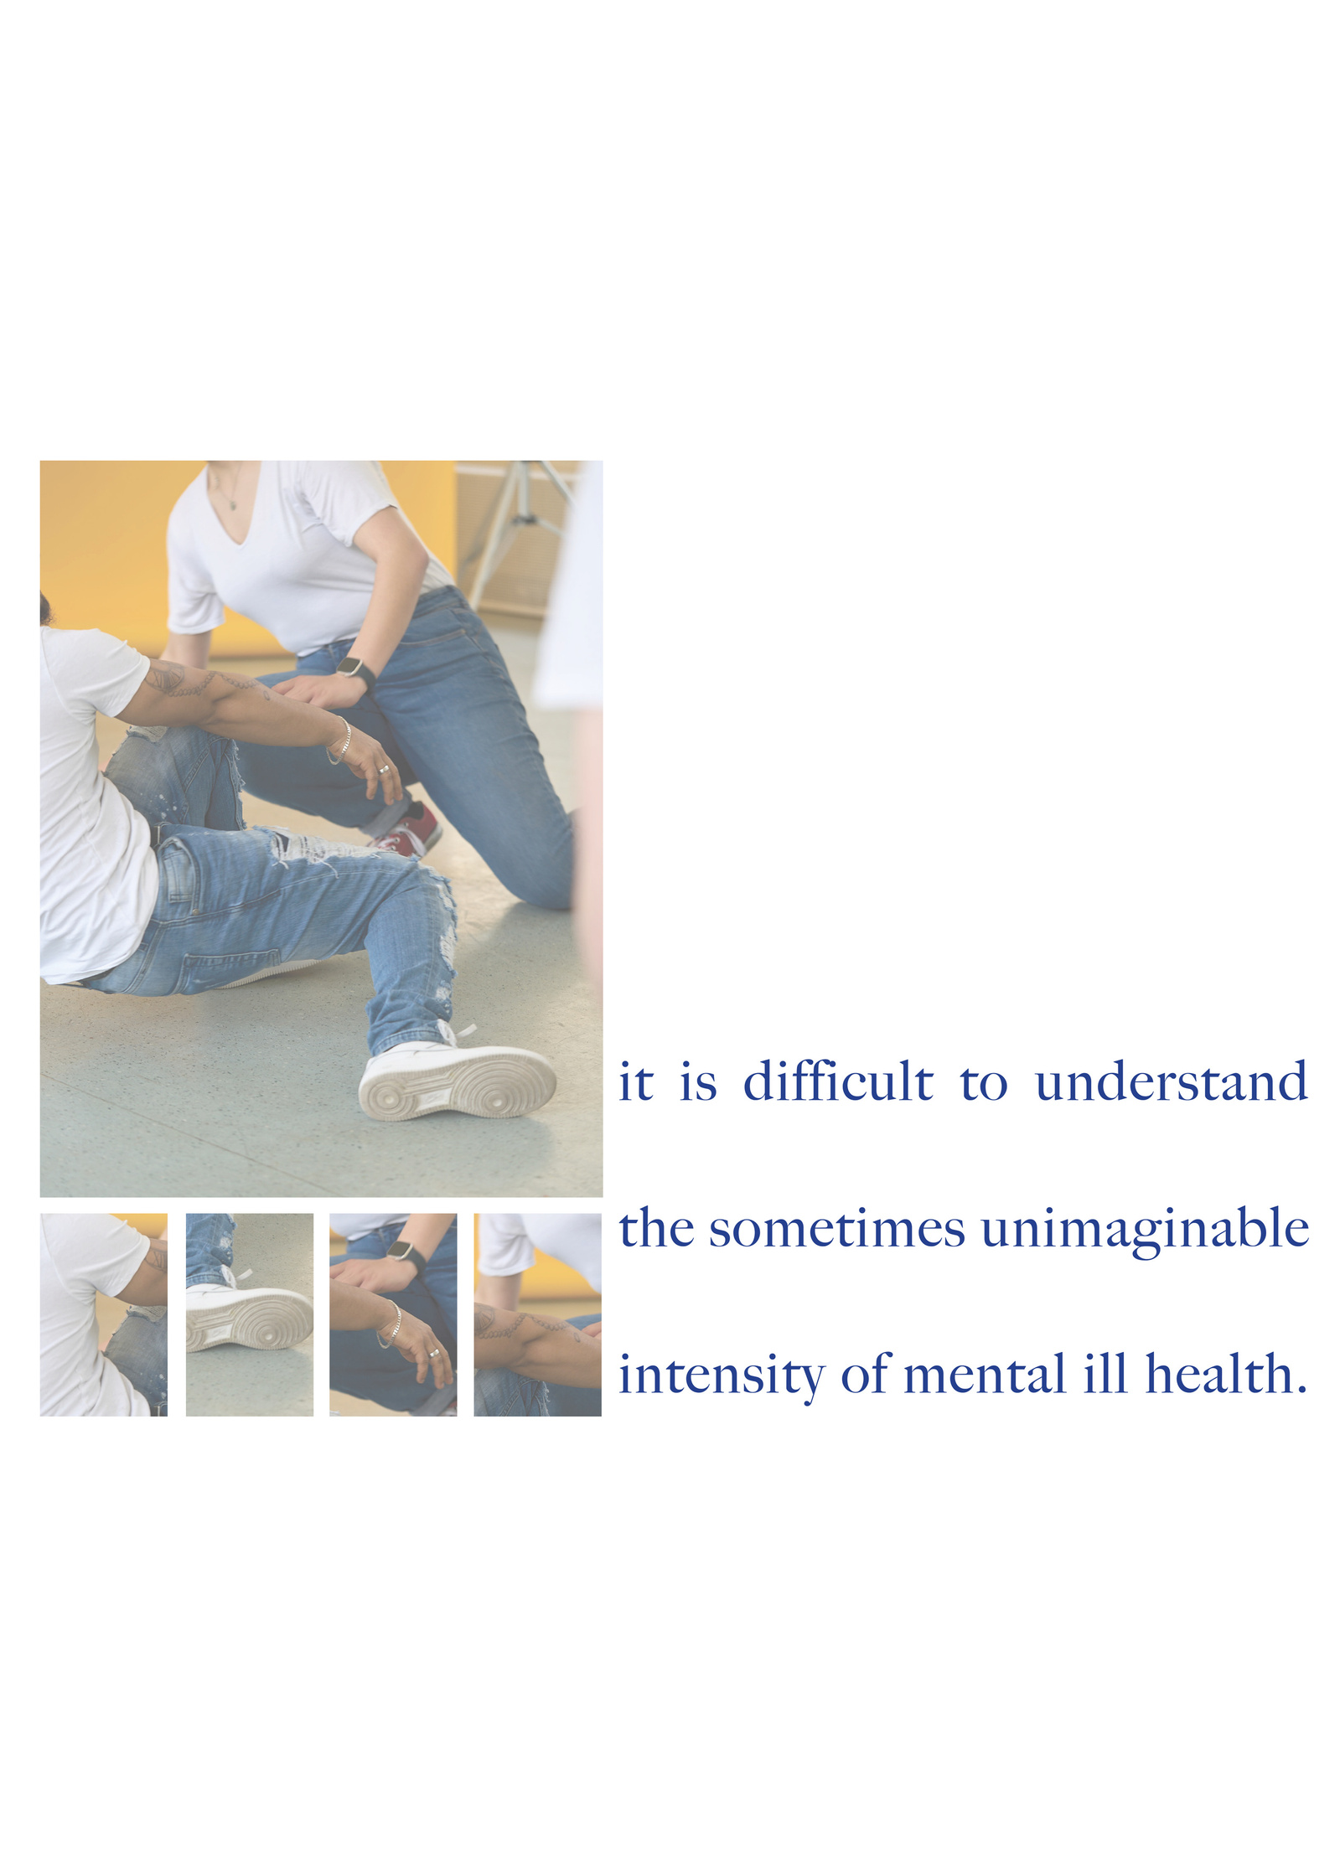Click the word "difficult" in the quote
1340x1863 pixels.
pos(837,1081)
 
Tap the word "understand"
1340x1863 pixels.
pos(1171,1081)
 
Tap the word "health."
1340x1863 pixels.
pos(1226,1375)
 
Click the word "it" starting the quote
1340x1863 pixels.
pos(635,1082)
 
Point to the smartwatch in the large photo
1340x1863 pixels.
pos(356,670)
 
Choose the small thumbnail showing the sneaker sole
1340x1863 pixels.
pos(249,1314)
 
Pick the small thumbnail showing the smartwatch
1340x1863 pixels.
pos(393,1314)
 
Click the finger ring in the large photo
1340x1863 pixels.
pos(384,769)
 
